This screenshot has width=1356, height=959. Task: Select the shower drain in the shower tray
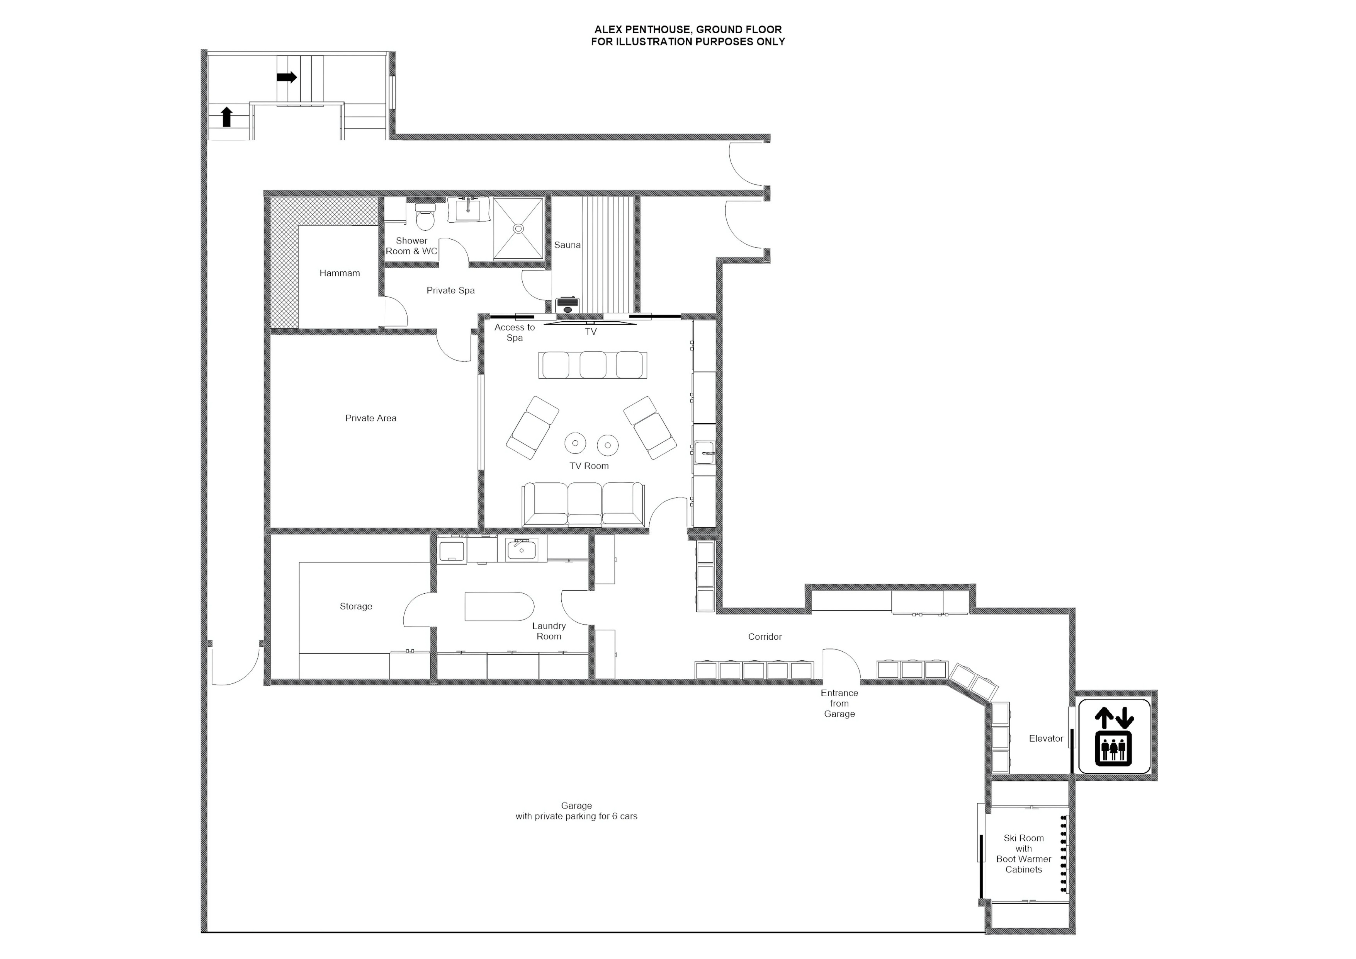coord(518,228)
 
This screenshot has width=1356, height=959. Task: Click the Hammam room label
coord(340,273)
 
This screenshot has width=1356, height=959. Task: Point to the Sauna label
coord(567,245)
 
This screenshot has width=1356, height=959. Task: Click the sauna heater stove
coord(568,305)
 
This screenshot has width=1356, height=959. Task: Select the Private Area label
coord(370,418)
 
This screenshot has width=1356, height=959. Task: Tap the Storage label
coord(355,606)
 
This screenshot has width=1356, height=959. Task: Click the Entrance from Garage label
coord(839,703)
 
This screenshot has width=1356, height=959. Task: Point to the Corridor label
coord(765,636)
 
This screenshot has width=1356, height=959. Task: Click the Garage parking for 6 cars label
coord(576,811)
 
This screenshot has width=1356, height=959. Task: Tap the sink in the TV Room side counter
coord(704,454)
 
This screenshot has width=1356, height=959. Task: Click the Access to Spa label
coord(515,332)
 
